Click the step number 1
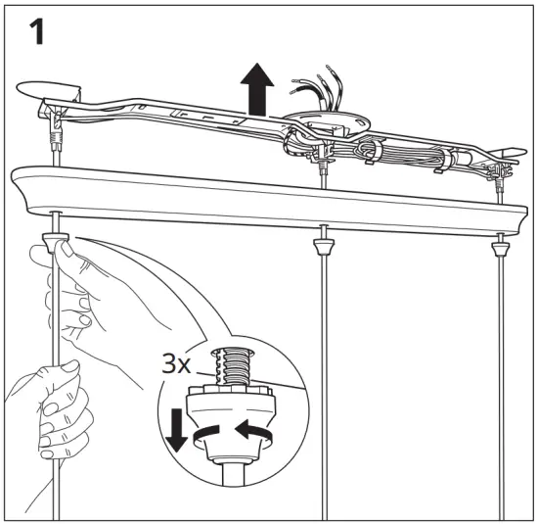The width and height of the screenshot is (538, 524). (x=32, y=32)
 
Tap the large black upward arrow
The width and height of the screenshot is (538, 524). (x=257, y=86)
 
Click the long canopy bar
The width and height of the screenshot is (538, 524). (x=264, y=201)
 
